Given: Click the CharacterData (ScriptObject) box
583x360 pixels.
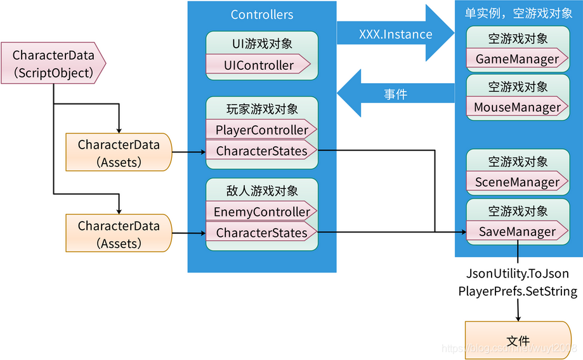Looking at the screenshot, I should coord(53,64).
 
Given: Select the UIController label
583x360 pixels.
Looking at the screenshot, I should coord(259,65).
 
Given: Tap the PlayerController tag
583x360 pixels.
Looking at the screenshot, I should coord(261,130).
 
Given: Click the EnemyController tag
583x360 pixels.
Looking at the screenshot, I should coord(261,212).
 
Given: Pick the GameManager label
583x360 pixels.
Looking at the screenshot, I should coord(517,59).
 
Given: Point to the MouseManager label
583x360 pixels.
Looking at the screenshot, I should coord(517,107).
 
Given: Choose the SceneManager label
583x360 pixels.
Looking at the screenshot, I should coord(517,182).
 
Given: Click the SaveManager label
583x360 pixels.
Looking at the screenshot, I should coord(517,232).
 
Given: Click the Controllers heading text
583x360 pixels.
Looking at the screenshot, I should coord(261,15).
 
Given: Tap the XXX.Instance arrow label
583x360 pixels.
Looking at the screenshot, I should coord(395,34).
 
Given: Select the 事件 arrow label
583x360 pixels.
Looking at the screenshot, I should coord(395,95).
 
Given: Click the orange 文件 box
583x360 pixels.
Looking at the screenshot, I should coord(518,341).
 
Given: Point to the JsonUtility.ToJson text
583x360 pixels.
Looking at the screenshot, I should coord(518,274).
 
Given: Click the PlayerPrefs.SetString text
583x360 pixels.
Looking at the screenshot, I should coord(518,291).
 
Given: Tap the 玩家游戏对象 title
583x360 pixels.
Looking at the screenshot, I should coord(261,109).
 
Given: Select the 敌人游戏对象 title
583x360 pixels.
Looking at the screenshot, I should coord(261,190).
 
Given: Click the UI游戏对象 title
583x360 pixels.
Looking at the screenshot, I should coord(261,44).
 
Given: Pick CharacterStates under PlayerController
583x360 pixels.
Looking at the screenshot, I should coord(261,151).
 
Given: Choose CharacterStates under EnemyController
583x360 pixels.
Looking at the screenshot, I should coord(261,233).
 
